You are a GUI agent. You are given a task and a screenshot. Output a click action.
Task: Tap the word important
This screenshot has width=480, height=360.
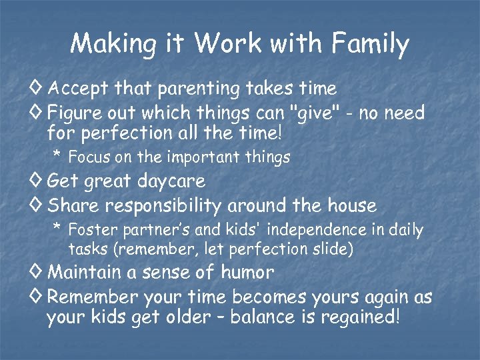pyautogui.click(x=199, y=158)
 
